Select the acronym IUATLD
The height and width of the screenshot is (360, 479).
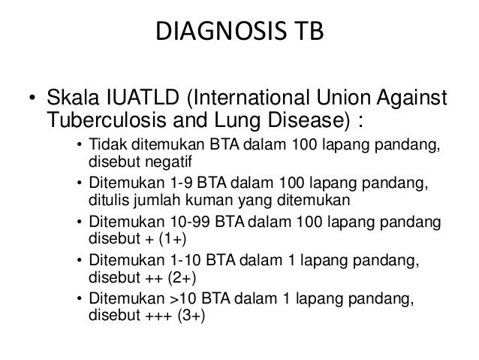click(x=133, y=99)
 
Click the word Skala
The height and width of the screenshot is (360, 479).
click(x=70, y=99)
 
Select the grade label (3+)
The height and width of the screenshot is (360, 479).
click(x=190, y=316)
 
